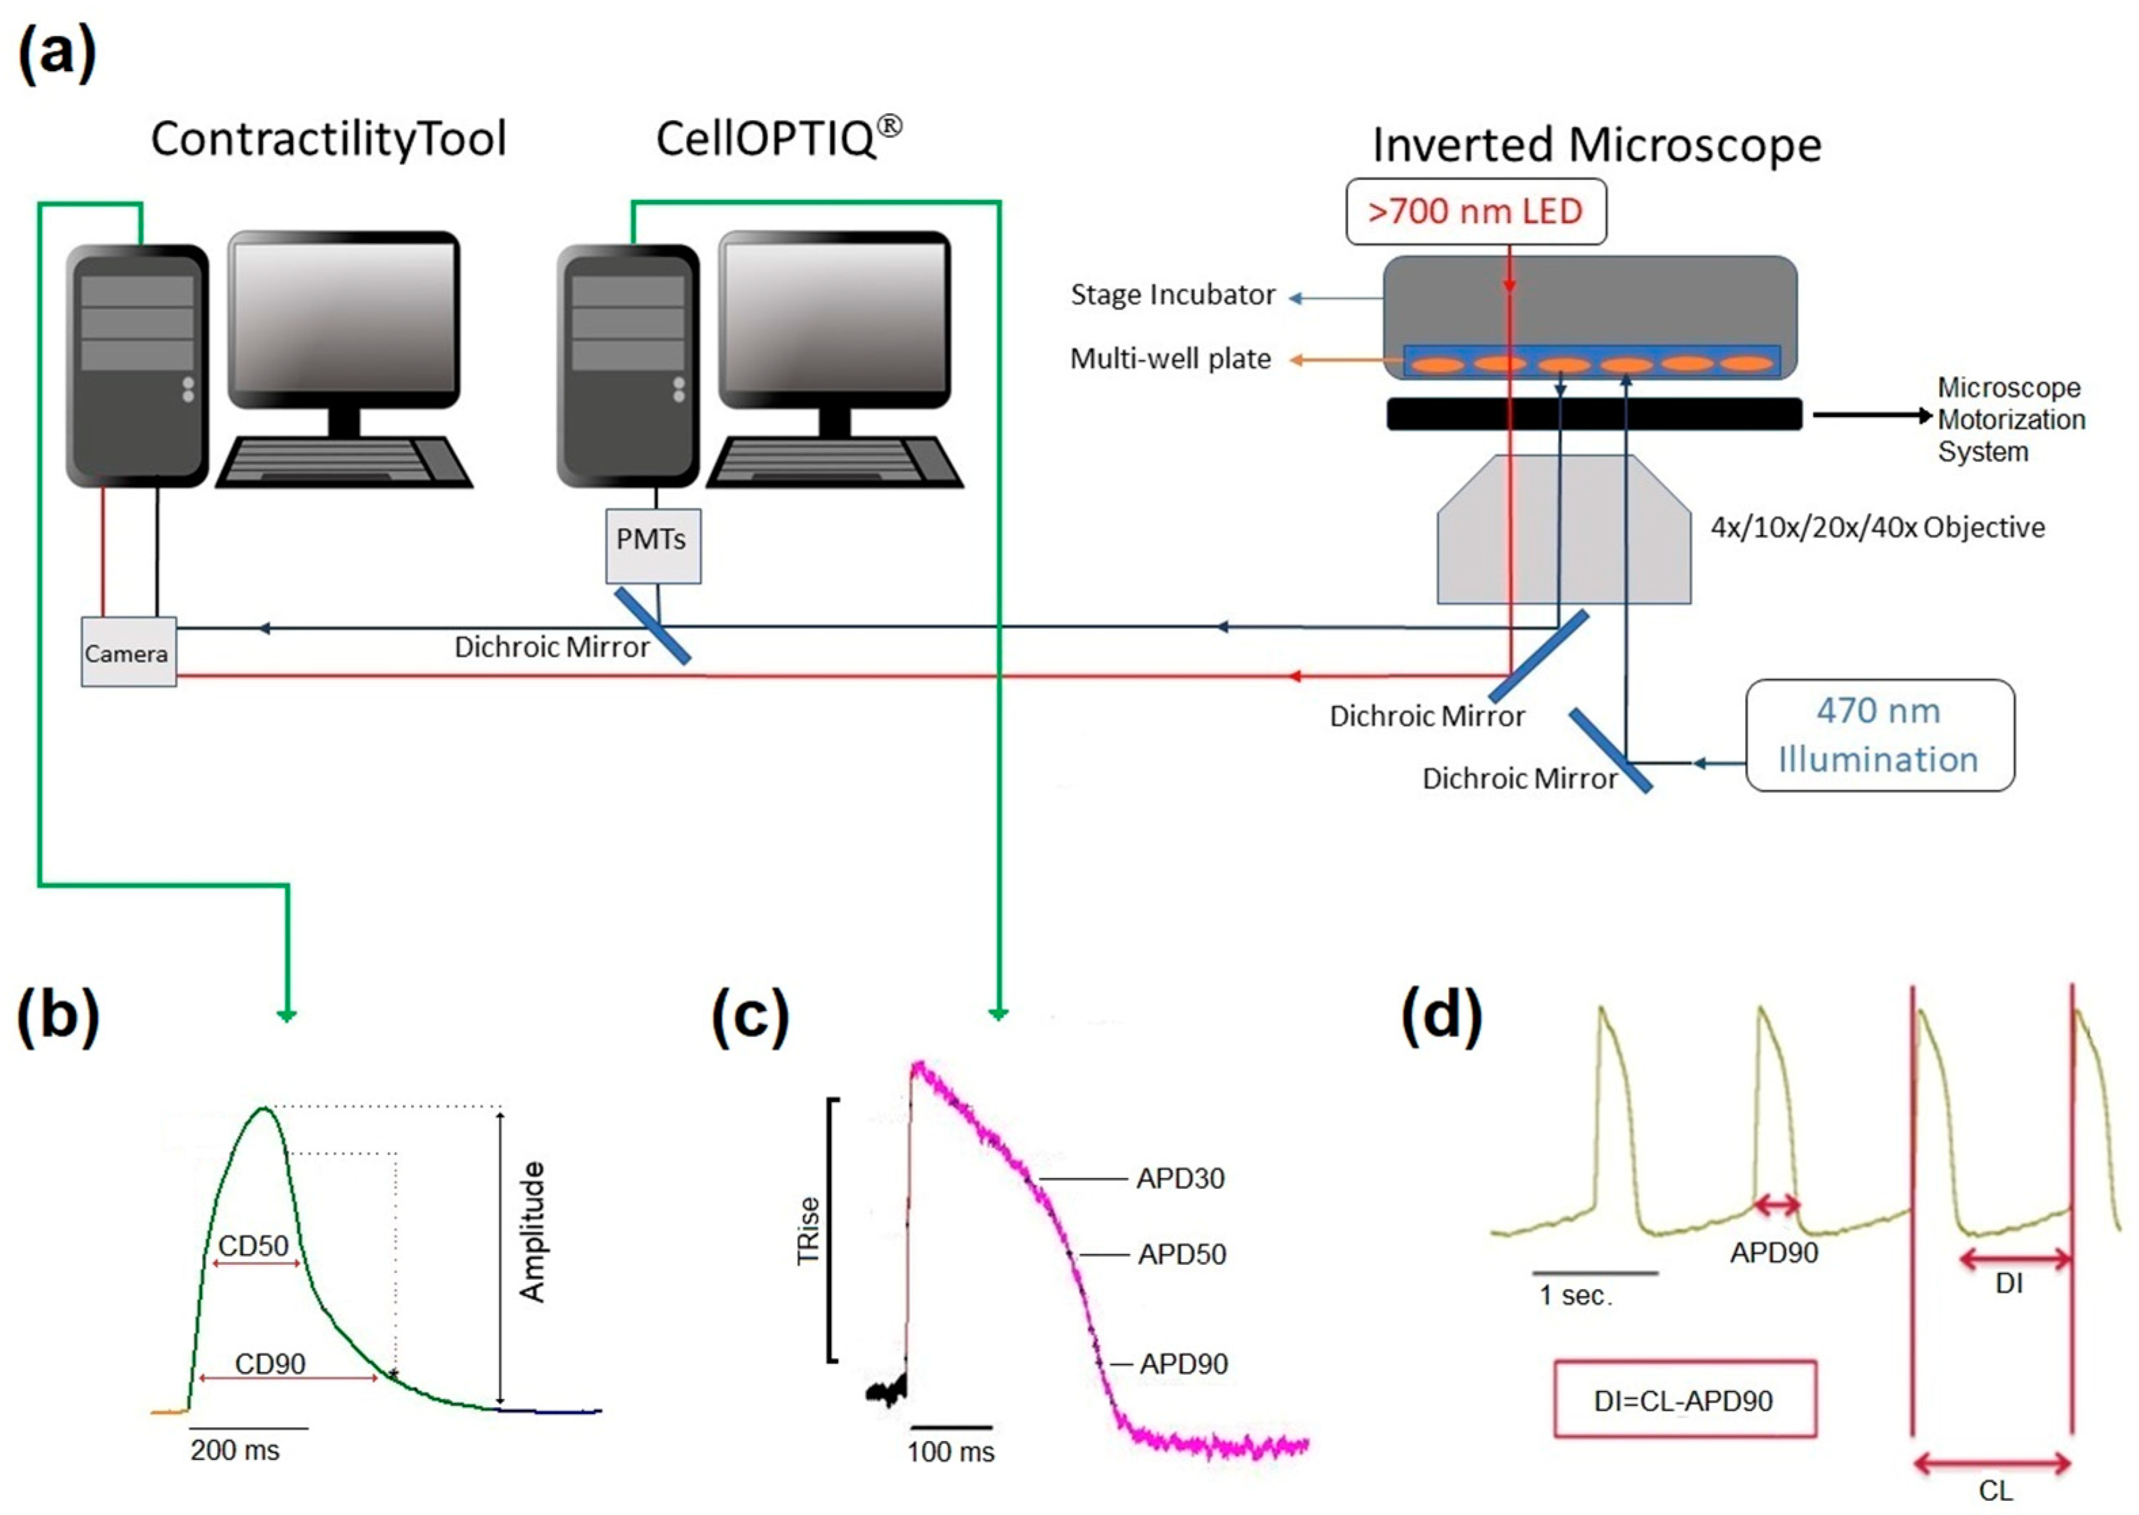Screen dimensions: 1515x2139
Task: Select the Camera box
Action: (x=128, y=652)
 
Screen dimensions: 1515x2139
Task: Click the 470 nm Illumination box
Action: (x=1878, y=735)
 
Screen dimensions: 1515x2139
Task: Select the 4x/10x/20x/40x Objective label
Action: (x=1877, y=527)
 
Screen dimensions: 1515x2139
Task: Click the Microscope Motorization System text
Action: (x=2010, y=419)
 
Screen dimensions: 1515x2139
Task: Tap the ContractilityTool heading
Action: (x=328, y=139)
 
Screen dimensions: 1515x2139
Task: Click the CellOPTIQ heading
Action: (x=776, y=138)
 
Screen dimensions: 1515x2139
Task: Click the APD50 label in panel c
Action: (x=1181, y=1255)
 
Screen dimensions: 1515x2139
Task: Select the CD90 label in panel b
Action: (x=270, y=1364)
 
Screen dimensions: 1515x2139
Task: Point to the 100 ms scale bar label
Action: (x=950, y=1451)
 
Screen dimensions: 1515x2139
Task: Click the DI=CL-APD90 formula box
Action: (x=1684, y=1399)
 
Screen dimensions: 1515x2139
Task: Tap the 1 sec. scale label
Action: (x=1575, y=1296)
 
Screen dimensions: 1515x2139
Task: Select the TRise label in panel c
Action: (x=808, y=1232)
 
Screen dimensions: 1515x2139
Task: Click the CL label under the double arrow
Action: (x=1995, y=1491)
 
